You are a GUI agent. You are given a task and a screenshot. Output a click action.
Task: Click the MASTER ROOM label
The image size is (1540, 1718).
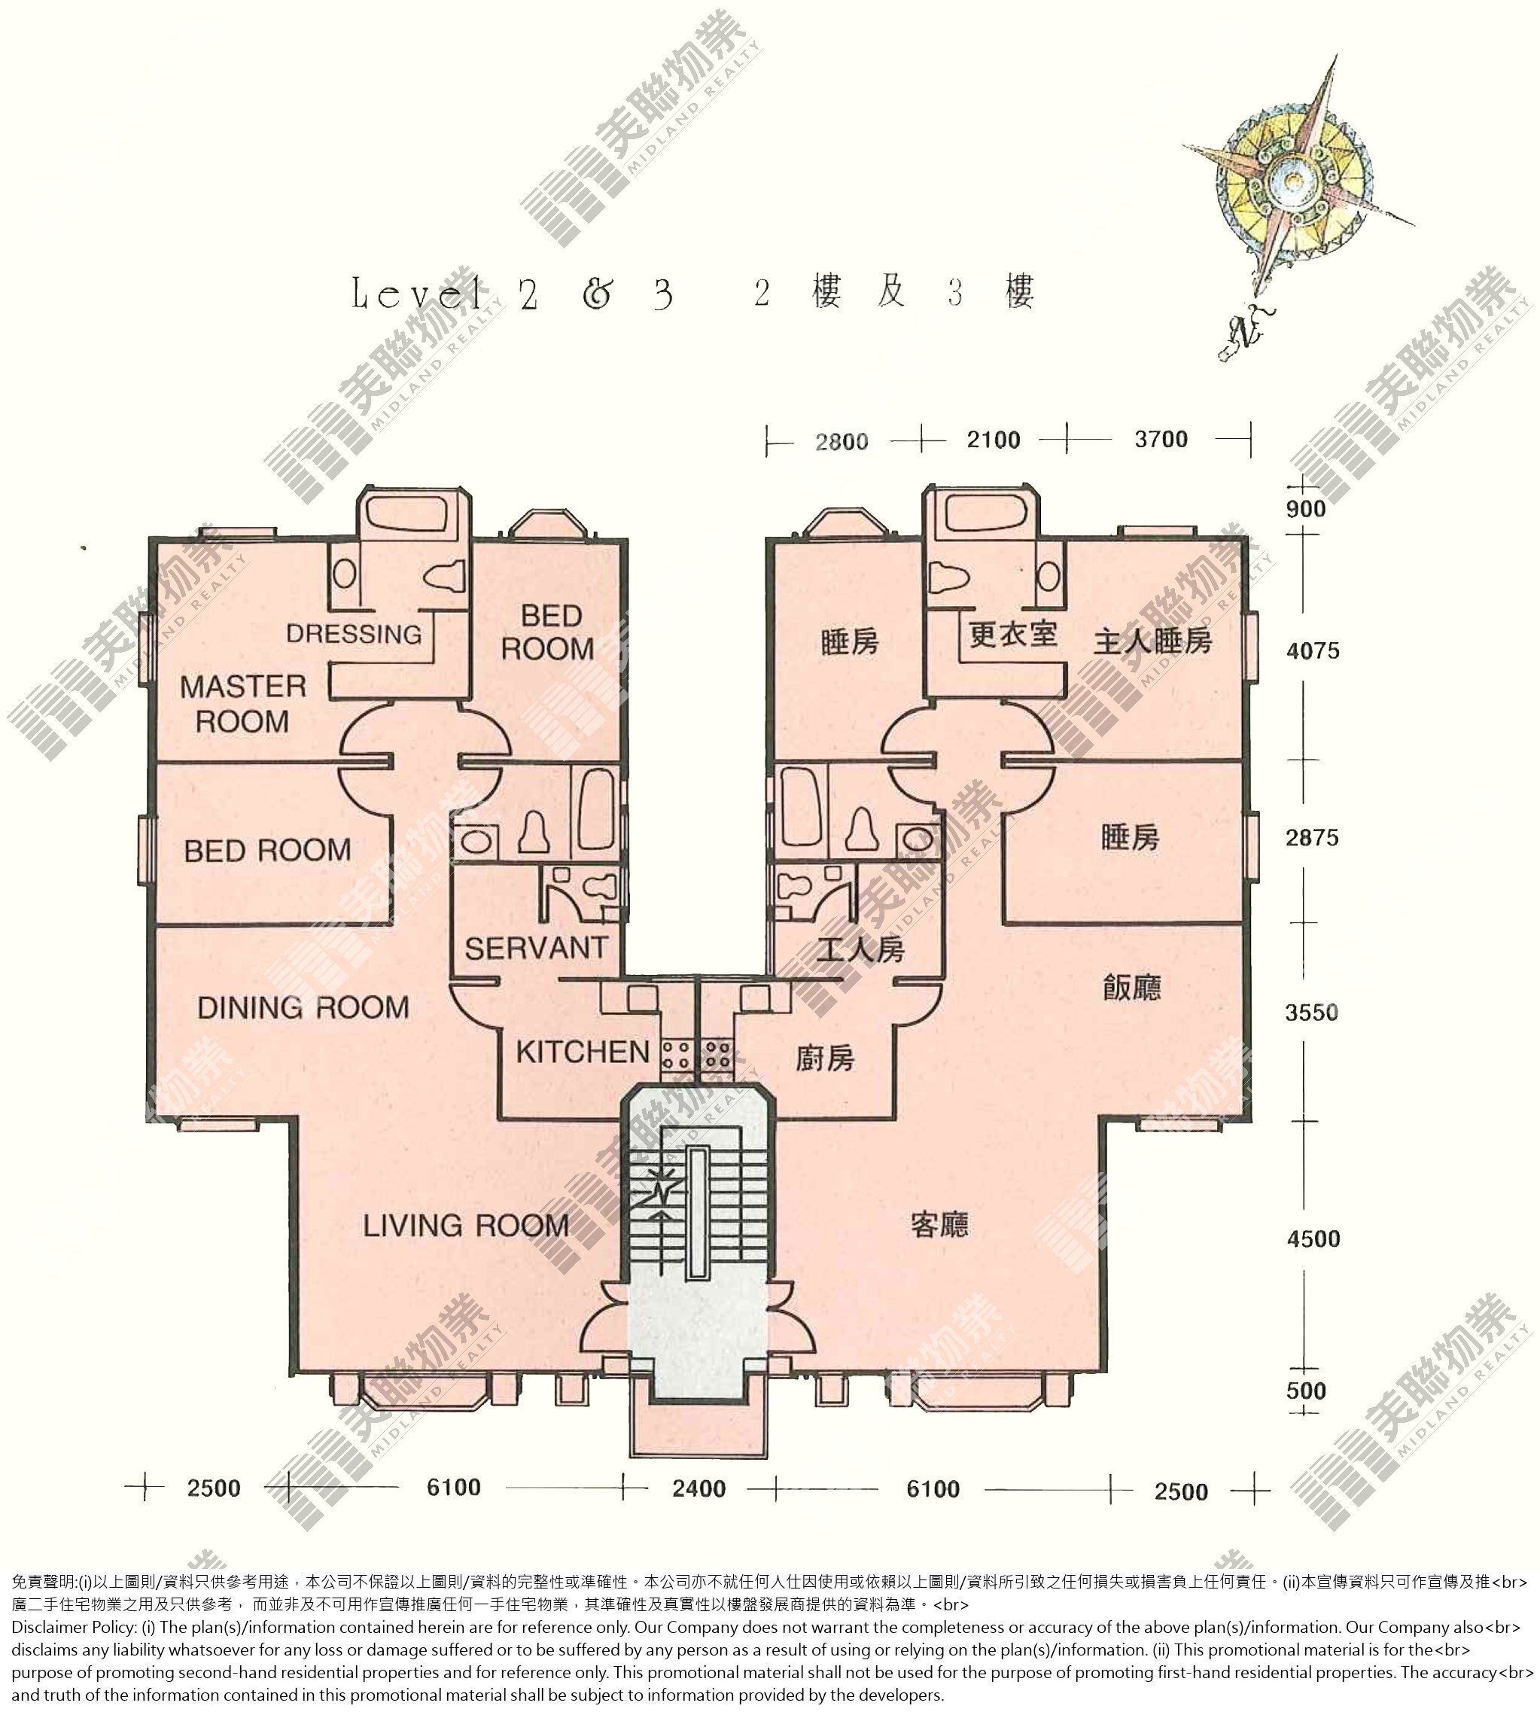click(243, 703)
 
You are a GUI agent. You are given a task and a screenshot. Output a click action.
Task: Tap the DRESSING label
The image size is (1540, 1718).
click(354, 634)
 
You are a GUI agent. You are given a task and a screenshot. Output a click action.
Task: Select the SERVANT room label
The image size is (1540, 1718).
click(537, 948)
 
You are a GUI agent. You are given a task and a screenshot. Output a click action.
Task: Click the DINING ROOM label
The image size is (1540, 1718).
click(303, 1007)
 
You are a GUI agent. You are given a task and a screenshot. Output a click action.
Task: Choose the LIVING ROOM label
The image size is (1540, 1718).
click(466, 1225)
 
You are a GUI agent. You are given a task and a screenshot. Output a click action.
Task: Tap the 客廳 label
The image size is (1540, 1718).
click(940, 1224)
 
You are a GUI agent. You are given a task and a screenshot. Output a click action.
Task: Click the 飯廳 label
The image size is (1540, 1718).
click(1132, 987)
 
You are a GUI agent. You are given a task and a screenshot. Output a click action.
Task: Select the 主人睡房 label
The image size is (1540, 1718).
click(1152, 641)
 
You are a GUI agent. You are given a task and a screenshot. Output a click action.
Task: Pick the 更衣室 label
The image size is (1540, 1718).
click(1013, 634)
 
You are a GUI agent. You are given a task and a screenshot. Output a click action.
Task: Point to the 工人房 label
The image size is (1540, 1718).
click(860, 949)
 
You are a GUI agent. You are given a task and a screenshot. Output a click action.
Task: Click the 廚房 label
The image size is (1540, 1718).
click(825, 1058)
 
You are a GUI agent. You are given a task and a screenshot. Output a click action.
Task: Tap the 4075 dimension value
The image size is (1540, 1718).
click(1313, 650)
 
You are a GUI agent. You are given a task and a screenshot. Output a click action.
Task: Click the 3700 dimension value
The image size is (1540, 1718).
click(1161, 439)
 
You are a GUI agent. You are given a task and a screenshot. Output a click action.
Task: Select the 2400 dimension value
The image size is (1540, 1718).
click(699, 1512)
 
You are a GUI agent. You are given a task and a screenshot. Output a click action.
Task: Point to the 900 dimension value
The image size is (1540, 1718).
click(1306, 509)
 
